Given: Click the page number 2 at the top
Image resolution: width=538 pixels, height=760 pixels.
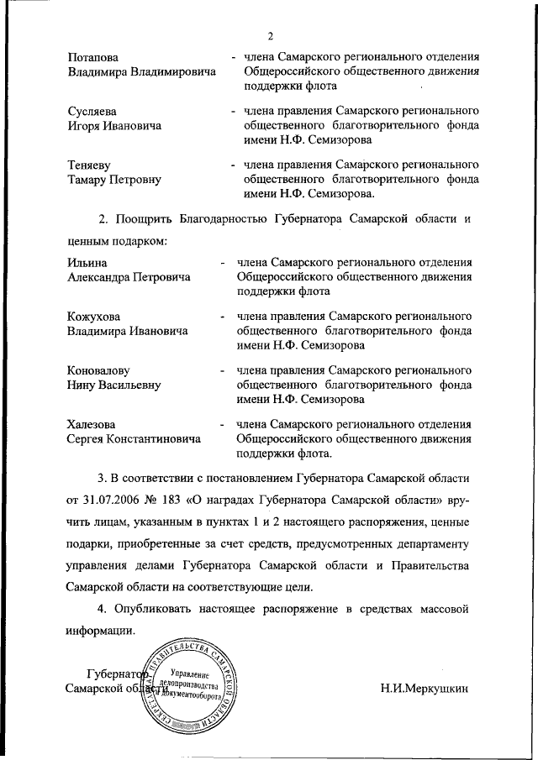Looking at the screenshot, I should (271, 34).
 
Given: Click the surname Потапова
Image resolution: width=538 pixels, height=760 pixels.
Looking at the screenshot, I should (92, 57).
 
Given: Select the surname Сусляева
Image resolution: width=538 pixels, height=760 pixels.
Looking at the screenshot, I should (92, 112).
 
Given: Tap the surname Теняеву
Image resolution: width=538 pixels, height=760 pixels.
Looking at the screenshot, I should (90, 165).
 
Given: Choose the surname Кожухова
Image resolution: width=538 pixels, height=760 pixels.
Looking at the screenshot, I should (94, 317).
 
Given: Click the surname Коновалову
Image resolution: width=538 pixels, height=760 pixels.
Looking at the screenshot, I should (99, 370).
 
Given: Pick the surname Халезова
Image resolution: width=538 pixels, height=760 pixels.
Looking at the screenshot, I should (92, 424).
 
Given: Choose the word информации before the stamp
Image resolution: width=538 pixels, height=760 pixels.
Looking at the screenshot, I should (100, 630).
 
